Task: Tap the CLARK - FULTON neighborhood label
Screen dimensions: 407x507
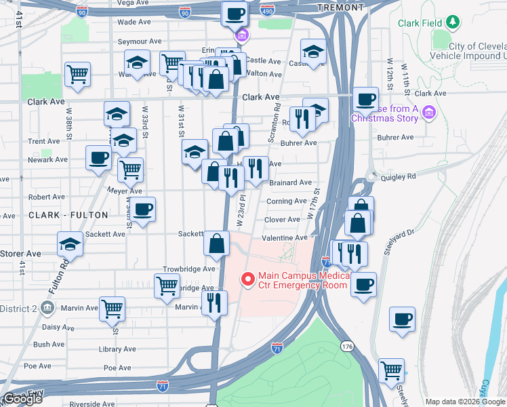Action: (68, 215)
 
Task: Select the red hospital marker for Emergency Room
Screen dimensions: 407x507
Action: (248, 278)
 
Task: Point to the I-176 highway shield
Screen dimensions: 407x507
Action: (348, 347)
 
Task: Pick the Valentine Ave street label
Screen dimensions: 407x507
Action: (285, 237)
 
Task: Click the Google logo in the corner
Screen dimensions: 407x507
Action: (22, 399)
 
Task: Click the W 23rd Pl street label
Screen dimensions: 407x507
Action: (240, 210)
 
